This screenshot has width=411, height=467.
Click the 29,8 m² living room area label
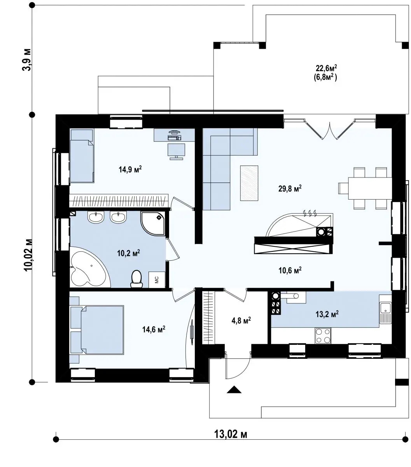[290, 188]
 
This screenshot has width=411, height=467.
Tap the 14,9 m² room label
[130, 169]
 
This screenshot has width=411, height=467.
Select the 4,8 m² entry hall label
[241, 320]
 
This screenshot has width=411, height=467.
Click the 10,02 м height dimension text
[28, 255]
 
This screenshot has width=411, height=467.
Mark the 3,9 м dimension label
[26, 60]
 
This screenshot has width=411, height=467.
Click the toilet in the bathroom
[136, 279]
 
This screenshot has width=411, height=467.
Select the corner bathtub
[90, 267]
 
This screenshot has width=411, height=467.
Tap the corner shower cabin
[153, 223]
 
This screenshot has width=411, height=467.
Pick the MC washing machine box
[157, 279]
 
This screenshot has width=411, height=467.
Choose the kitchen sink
[385, 313]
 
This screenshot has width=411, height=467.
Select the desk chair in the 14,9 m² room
[176, 151]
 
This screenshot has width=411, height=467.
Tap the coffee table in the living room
[249, 183]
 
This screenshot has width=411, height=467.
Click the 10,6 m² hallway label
[290, 270]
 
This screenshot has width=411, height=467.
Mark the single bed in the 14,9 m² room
[82, 156]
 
